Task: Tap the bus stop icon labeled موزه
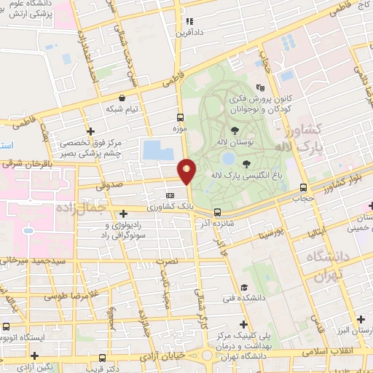[x=180, y=117]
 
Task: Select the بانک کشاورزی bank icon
[x=170, y=195]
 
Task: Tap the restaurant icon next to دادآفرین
[x=190, y=22]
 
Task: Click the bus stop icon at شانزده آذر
[x=216, y=212]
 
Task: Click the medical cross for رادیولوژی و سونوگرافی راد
[x=122, y=212]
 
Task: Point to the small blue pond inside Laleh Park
[x=229, y=158]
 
